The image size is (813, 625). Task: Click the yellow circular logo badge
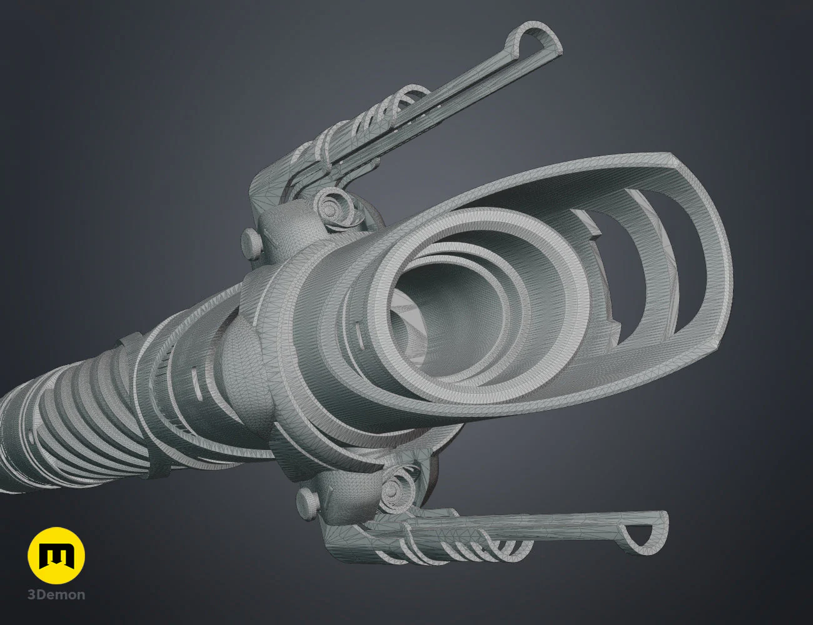tap(56, 556)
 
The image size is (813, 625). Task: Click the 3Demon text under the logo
tap(56, 594)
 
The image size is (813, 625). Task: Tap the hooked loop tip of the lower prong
tap(644, 531)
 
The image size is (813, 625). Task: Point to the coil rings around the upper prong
tap(375, 119)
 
